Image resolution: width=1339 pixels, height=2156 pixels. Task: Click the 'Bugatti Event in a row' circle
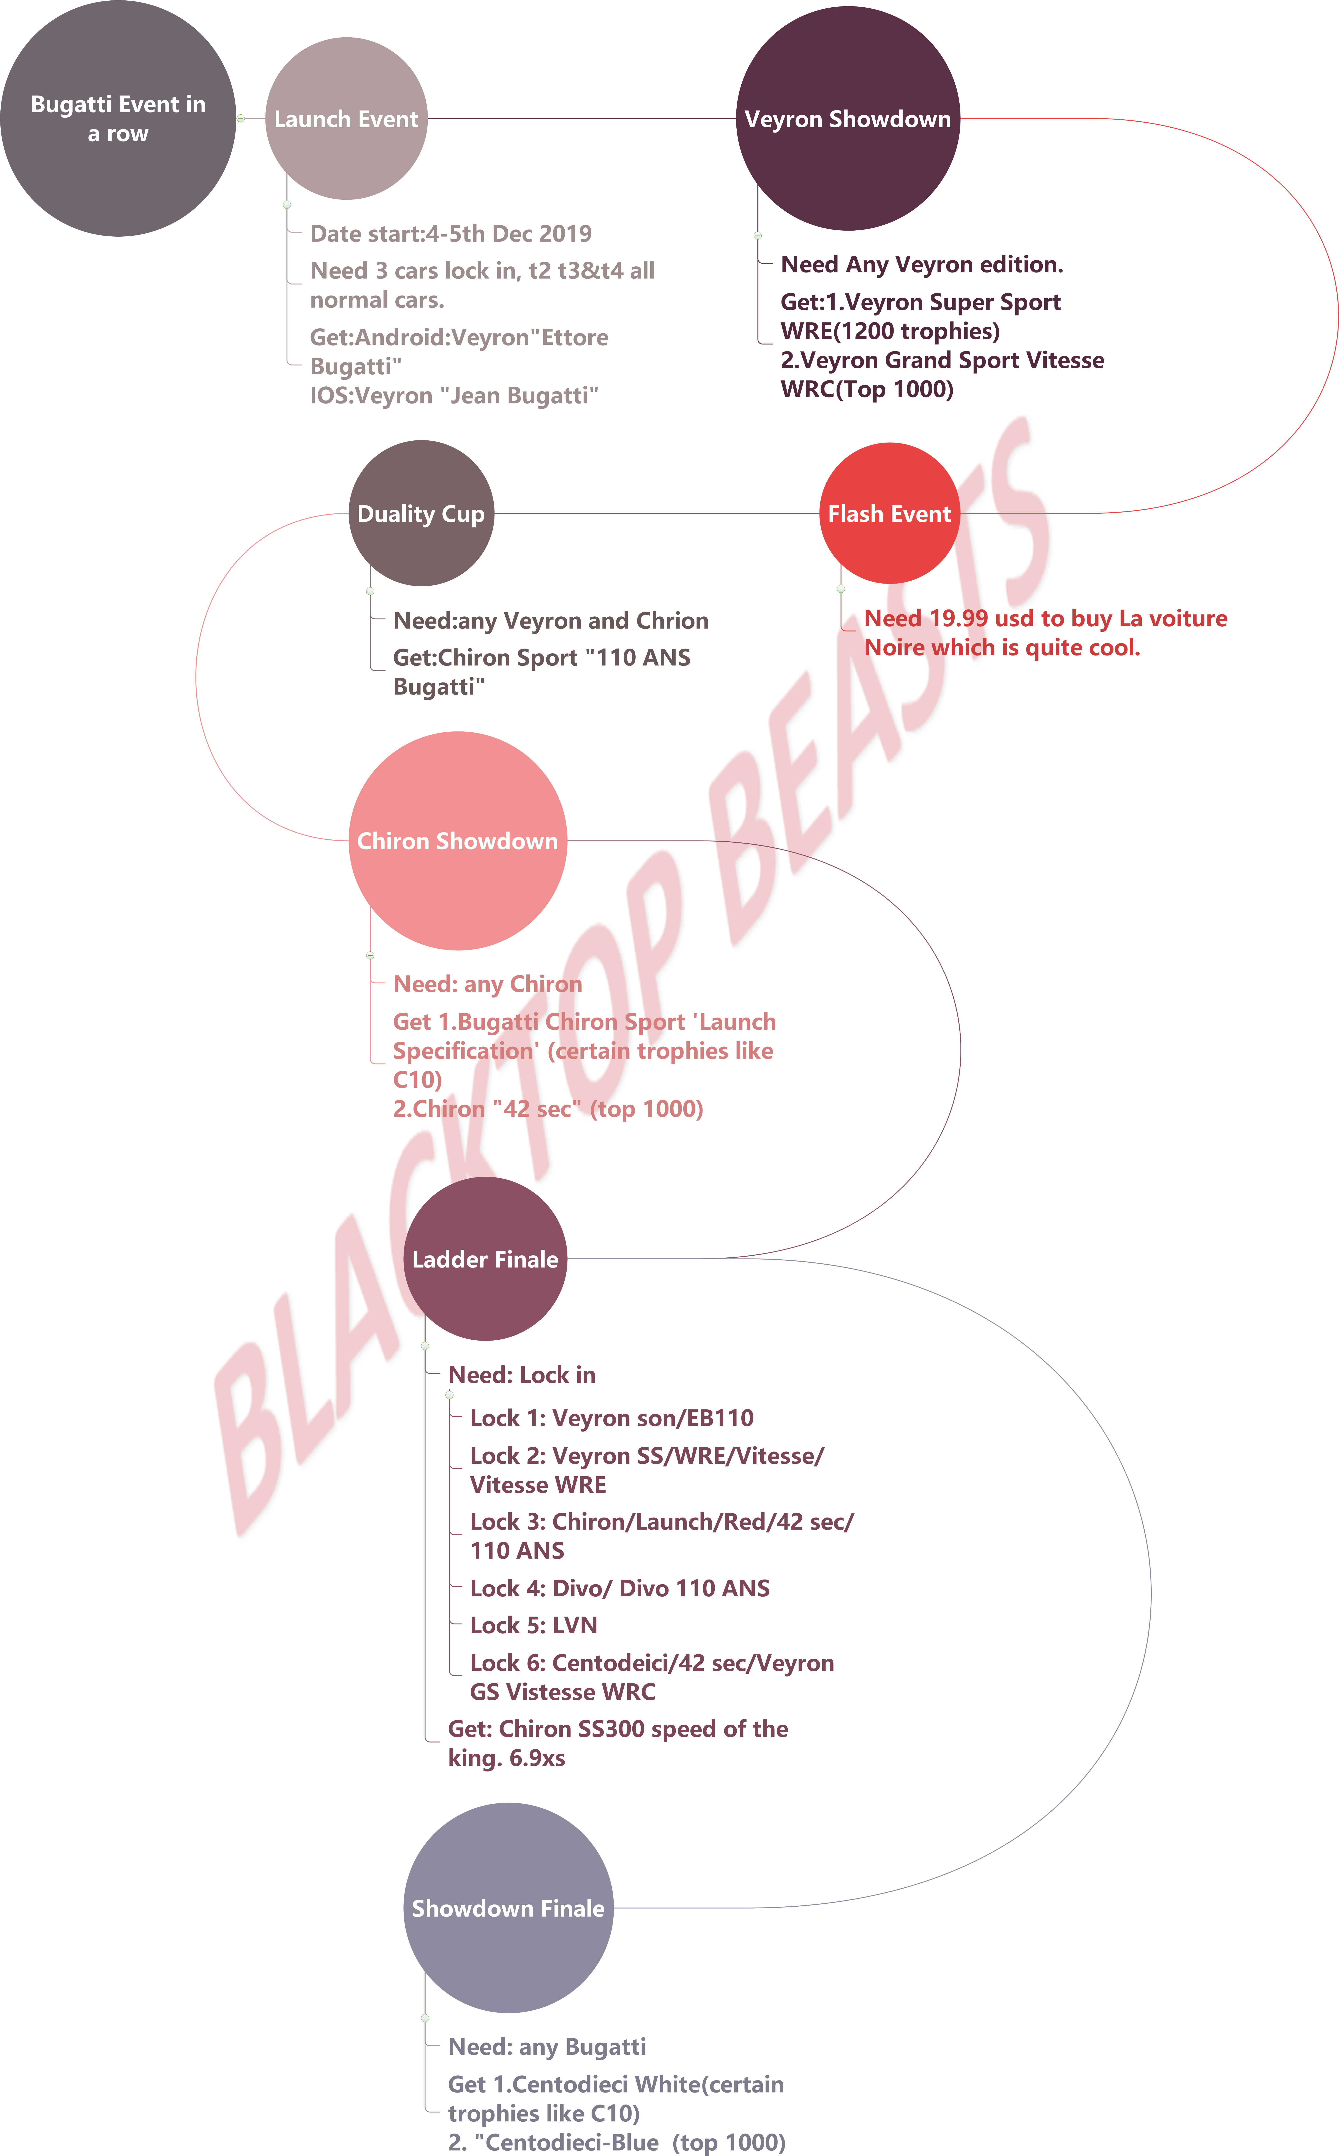pyautogui.click(x=118, y=119)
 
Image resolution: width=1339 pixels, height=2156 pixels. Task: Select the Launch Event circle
pyautogui.click(x=346, y=119)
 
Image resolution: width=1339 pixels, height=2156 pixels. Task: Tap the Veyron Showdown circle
pyautogui.click(x=848, y=119)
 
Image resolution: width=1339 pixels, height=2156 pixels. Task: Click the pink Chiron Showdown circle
pyautogui.click(x=458, y=841)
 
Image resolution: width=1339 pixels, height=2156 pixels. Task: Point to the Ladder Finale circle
pyautogui.click(x=485, y=1259)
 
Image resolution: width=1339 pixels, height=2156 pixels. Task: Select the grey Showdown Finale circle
pyautogui.click(x=508, y=1908)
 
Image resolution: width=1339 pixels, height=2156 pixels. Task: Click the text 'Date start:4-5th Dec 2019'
pyautogui.click(x=451, y=234)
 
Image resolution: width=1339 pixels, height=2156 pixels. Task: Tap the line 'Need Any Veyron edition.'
pyautogui.click(x=922, y=265)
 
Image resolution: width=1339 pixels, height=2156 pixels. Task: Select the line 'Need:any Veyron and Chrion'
pyautogui.click(x=551, y=621)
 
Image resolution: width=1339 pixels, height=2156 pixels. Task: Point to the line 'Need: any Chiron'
pyautogui.click(x=488, y=984)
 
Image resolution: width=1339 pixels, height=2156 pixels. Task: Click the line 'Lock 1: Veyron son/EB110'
pyautogui.click(x=612, y=1418)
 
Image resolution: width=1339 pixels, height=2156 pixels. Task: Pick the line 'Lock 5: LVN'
pyautogui.click(x=534, y=1625)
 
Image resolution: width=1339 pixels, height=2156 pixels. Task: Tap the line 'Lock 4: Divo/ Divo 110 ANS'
pyautogui.click(x=620, y=1588)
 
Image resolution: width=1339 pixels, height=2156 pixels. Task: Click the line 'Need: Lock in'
pyautogui.click(x=522, y=1375)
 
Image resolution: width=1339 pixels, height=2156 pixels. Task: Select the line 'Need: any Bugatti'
pyautogui.click(x=547, y=2047)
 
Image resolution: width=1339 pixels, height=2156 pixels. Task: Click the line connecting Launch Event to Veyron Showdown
pyautogui.click(x=582, y=119)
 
